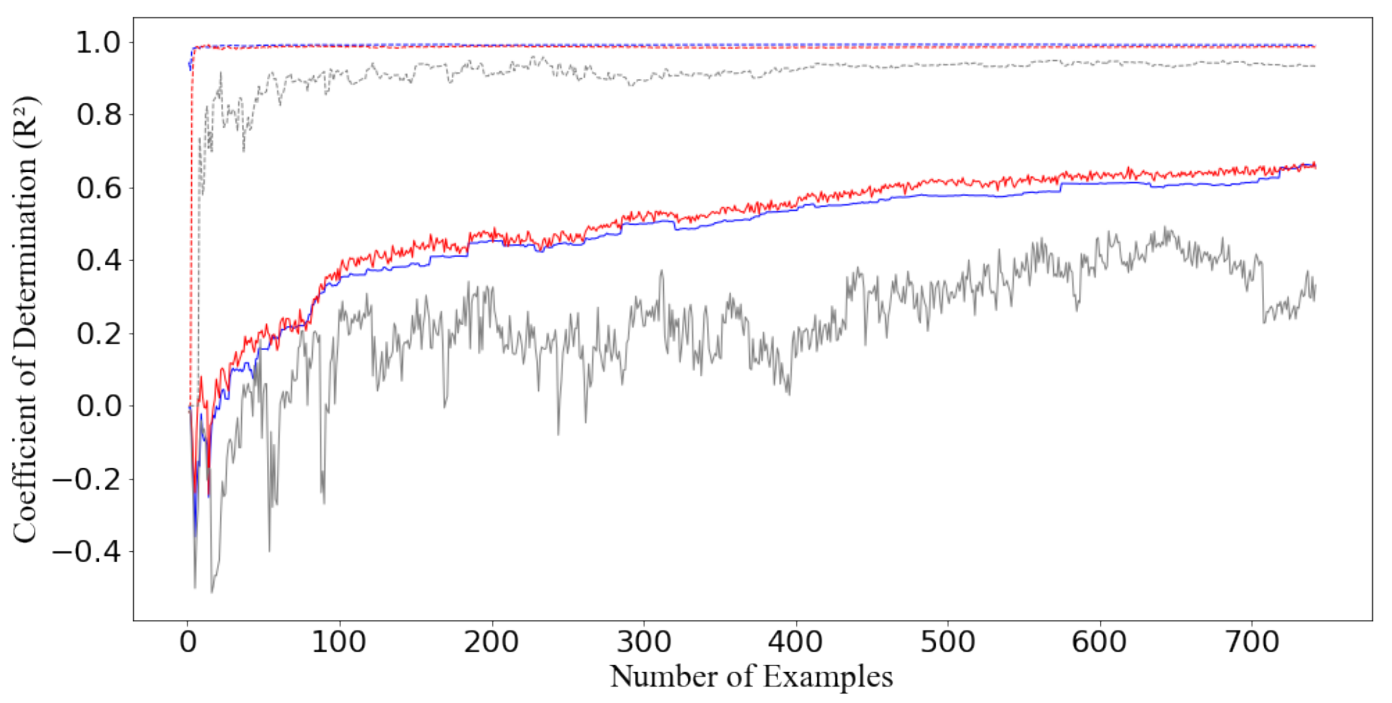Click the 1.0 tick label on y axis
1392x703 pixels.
point(98,43)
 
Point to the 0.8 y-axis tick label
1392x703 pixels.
point(98,115)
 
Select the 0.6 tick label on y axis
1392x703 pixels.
point(98,188)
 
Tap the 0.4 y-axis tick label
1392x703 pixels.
point(98,261)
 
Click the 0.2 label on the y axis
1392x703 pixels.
point(98,333)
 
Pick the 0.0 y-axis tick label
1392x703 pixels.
point(98,406)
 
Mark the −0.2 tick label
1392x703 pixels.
point(87,479)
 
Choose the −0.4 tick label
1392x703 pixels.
point(87,552)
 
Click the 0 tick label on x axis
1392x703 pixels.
point(187,642)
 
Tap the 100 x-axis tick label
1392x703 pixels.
point(339,642)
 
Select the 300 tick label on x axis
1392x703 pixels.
point(644,642)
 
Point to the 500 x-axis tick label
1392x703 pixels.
point(948,642)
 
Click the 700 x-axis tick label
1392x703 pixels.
point(1252,642)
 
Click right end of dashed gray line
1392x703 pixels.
point(1314,66)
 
